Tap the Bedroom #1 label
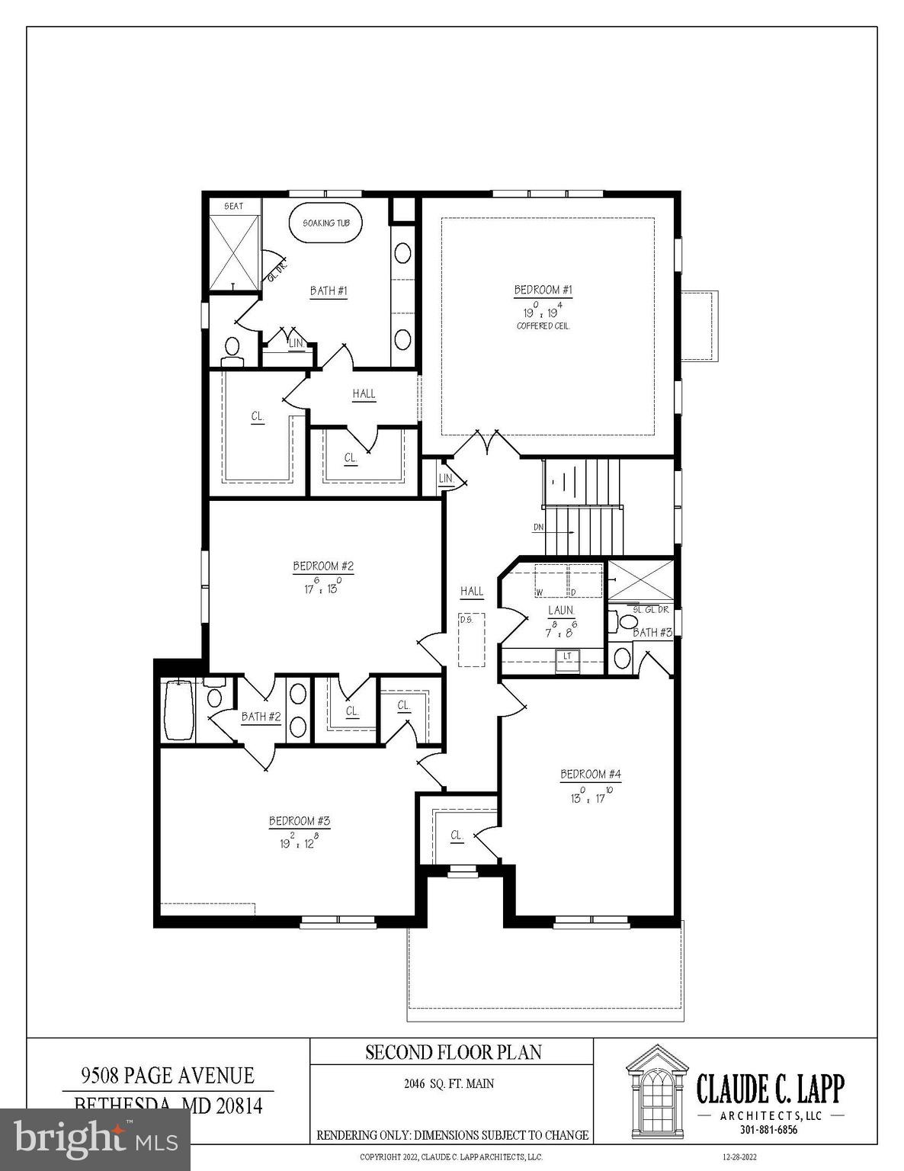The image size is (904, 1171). pyautogui.click(x=543, y=290)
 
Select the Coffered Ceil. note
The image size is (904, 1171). pyautogui.click(x=543, y=326)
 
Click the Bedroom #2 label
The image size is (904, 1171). pyautogui.click(x=323, y=566)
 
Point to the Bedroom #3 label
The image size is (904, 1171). pyautogui.click(x=299, y=821)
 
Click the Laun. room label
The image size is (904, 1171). pyautogui.click(x=561, y=611)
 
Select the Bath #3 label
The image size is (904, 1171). pyautogui.click(x=652, y=633)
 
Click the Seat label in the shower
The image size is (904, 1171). pyautogui.click(x=234, y=207)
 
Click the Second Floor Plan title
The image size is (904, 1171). pyautogui.click(x=453, y=1053)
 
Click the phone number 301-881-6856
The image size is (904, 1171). pyautogui.click(x=771, y=1130)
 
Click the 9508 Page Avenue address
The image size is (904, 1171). pyautogui.click(x=168, y=1076)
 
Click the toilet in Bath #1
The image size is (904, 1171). pyautogui.click(x=232, y=350)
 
